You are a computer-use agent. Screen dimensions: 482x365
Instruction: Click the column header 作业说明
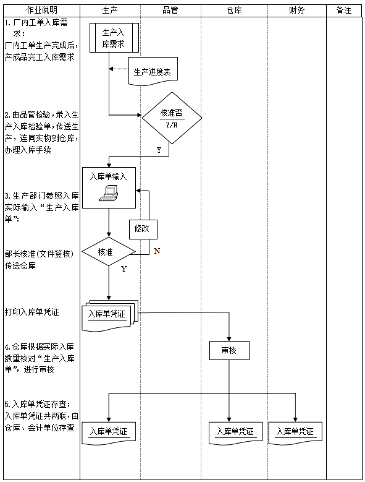40,11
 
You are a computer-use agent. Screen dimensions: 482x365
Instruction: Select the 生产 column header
109,11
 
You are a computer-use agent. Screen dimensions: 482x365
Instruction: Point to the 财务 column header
296,11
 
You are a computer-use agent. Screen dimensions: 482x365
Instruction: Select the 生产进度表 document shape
153,72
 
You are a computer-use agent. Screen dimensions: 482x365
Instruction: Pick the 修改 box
141,228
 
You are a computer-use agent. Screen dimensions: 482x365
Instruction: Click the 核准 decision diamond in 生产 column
109,252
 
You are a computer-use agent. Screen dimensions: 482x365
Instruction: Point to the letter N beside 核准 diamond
157,251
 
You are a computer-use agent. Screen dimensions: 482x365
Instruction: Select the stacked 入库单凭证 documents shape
109,315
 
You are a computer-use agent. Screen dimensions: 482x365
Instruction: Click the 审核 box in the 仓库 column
229,350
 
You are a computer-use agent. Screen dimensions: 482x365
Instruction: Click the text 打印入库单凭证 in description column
32,312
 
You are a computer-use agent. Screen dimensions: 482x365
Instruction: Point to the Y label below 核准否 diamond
159,150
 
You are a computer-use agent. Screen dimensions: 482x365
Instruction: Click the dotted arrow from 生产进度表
120,69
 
